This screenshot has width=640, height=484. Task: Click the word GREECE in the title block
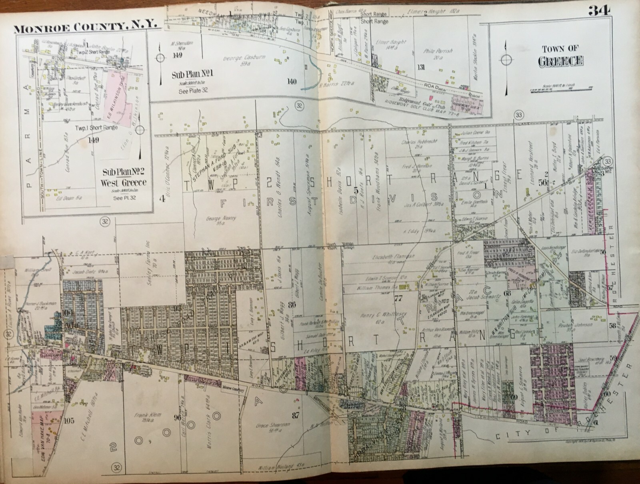(560, 61)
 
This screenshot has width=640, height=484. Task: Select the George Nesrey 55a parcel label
(227, 221)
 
